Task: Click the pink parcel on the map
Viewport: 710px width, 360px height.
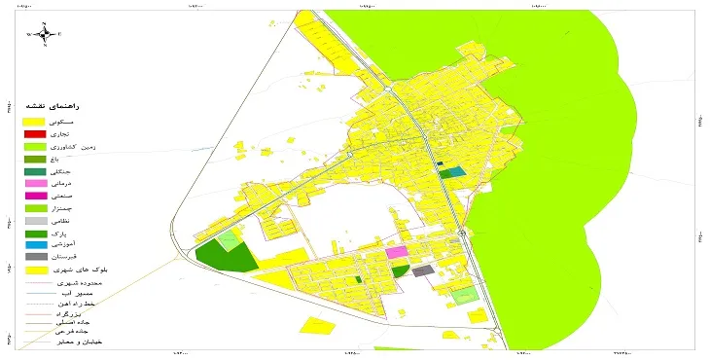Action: point(396,252)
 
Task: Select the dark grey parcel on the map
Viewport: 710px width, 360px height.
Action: point(422,271)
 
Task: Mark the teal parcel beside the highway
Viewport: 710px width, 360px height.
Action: point(451,172)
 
